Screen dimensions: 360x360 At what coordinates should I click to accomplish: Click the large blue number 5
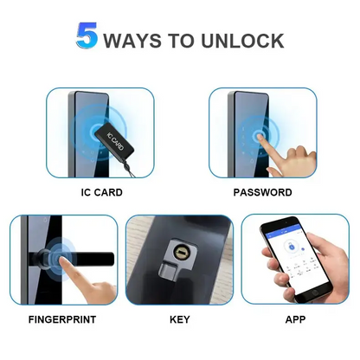point(88,37)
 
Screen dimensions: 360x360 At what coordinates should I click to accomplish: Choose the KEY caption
point(179,319)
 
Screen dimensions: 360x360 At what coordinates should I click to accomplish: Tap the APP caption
point(295,319)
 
